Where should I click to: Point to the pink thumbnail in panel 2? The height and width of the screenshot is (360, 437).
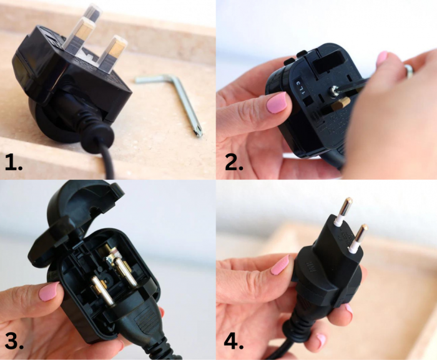coord(277,102)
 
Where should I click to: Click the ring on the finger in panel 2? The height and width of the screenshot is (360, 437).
coord(410,71)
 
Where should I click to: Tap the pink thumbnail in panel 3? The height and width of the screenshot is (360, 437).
coord(49,291)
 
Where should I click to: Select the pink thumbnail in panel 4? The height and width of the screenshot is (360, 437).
coord(280,266)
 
